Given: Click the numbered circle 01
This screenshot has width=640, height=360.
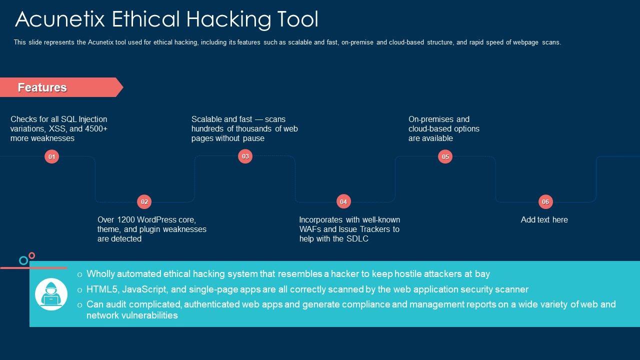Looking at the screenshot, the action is point(51,157).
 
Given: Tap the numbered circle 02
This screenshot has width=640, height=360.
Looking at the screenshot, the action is point(144,202).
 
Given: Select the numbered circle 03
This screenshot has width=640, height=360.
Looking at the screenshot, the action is point(245,156).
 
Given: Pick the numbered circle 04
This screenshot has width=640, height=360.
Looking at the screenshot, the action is point(343,202).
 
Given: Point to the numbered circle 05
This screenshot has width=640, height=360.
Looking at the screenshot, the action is point(445,157).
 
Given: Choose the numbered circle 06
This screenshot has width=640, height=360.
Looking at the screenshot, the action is point(545,202).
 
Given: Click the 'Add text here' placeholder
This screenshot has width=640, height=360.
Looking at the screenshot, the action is point(544,220).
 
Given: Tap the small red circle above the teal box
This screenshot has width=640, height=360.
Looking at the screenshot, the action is point(32,255).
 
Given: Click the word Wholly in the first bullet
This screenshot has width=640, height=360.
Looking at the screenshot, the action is point(100,274).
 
